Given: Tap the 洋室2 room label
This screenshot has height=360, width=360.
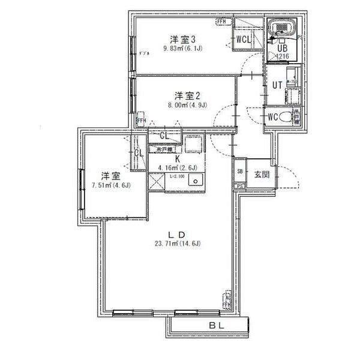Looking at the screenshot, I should tap(187, 95).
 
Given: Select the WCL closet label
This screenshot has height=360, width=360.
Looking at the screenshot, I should tap(243, 40).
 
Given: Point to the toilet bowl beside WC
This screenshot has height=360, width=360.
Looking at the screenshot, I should tap(293, 118).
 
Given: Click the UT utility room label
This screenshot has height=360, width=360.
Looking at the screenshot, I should tap(277, 85).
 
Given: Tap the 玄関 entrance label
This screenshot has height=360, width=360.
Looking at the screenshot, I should tap(261, 175).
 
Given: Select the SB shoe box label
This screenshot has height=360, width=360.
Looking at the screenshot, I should tap(240, 172).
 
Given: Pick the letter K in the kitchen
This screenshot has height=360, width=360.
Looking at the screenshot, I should tap(178, 159).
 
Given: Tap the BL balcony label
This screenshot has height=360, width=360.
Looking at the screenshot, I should tap(217, 326).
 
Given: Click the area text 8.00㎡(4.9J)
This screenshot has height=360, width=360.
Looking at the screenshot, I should tap(187, 106).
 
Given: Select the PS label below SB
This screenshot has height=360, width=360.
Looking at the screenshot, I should tap(240, 185).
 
